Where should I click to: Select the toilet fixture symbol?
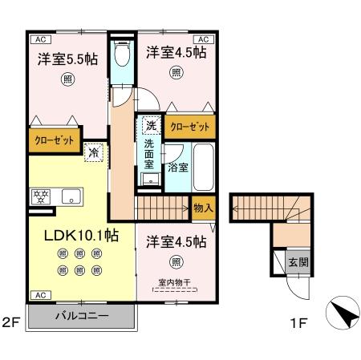[x=122, y=55]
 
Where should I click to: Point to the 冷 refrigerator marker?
[x=94, y=151]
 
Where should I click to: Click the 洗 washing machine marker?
[x=150, y=126]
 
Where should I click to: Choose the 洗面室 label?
[x=149, y=152]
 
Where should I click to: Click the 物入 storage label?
[x=203, y=207]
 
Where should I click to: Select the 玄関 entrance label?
[x=298, y=261]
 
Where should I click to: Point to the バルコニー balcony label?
[x=82, y=316]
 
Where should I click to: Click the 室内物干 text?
[x=175, y=281]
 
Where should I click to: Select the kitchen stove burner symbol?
[x=39, y=194]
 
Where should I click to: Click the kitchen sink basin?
[x=69, y=195]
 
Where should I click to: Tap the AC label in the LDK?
[x=38, y=295]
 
